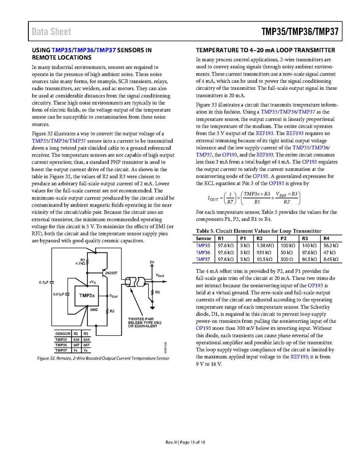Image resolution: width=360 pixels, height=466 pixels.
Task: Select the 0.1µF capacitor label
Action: [x=44, y=282]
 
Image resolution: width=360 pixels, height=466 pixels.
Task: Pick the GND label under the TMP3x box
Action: [x=94, y=310]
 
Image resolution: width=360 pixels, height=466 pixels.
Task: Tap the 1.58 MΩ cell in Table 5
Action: [x=265, y=245]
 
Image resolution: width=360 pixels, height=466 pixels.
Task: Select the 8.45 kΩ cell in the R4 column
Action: [x=331, y=259]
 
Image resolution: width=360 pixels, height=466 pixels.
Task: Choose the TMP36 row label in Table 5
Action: [x=203, y=252]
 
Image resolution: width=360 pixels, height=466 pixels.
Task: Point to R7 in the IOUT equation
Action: [x=229, y=202]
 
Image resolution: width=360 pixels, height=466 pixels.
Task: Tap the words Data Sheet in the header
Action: [x=52, y=32]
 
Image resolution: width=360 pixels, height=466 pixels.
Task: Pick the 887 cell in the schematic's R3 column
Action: [x=86, y=345]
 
